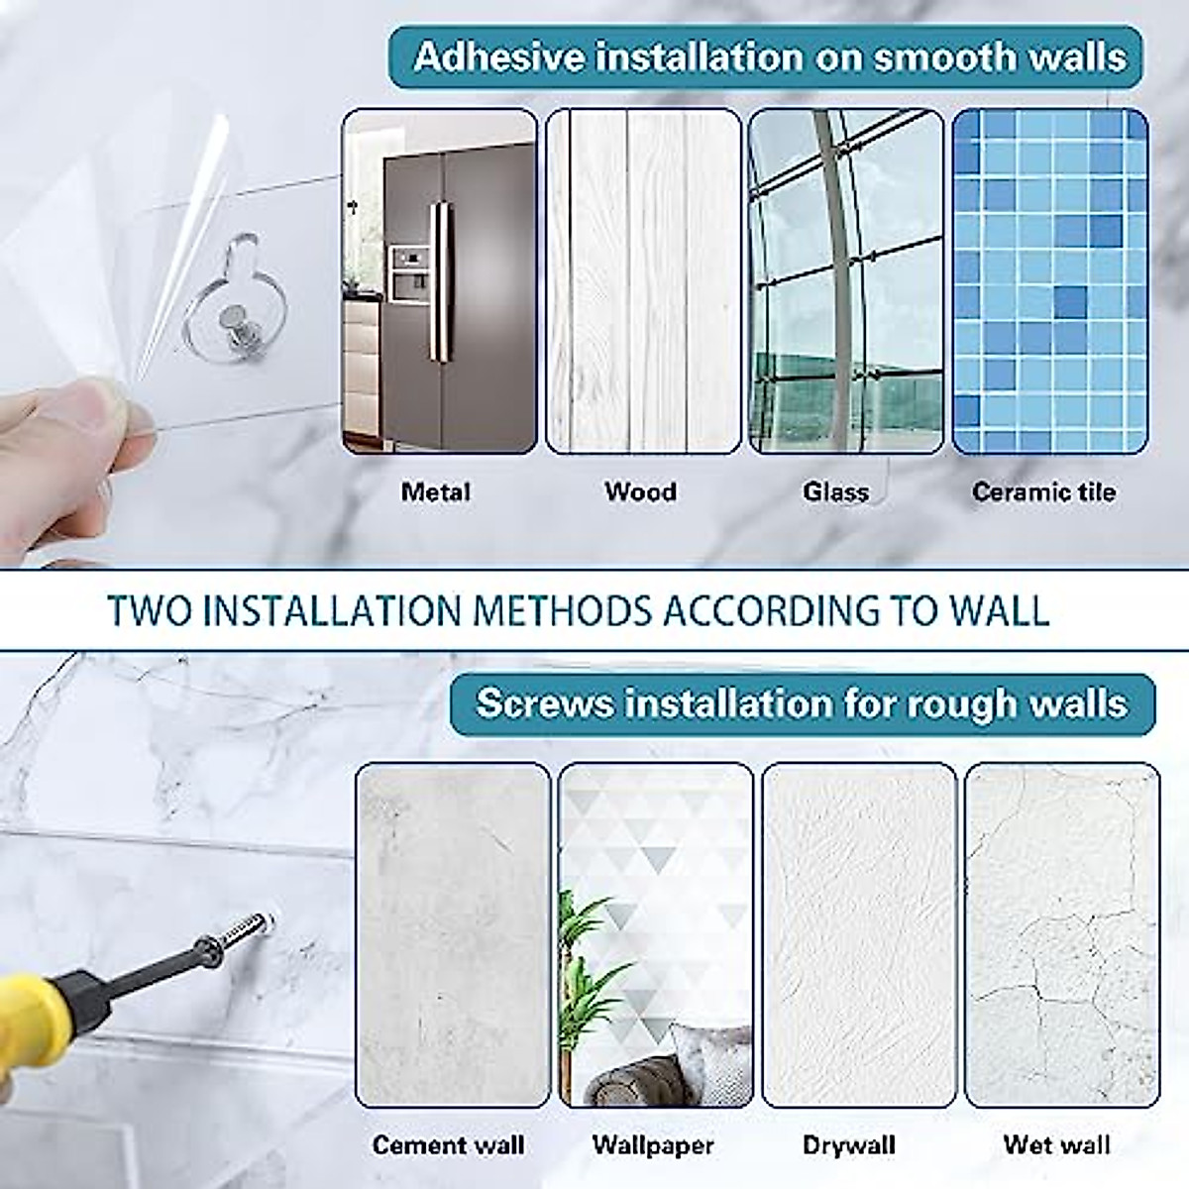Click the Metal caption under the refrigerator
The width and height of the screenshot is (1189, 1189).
435,491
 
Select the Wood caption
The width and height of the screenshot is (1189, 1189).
640,491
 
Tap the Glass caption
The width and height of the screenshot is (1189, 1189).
835,491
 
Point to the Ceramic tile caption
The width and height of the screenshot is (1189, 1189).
1043,491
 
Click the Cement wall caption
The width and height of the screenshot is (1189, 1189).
448,1145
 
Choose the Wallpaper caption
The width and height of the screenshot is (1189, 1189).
653,1145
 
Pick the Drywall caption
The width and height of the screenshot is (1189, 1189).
849,1145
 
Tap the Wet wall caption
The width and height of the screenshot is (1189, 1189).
1056,1145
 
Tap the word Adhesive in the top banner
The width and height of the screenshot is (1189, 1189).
498,56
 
